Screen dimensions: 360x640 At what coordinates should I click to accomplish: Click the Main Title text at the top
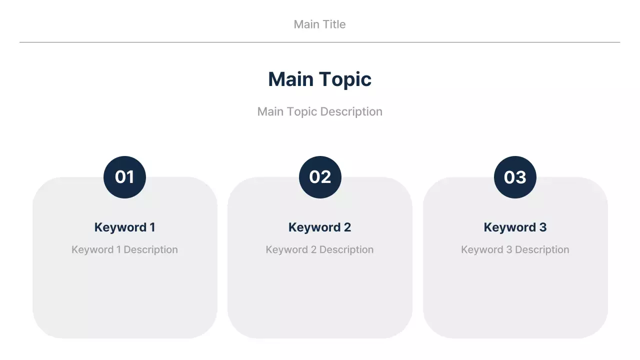pos(319,24)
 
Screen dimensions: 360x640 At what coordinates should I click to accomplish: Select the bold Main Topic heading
pos(319,79)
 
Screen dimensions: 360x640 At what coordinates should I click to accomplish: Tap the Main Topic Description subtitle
pos(319,111)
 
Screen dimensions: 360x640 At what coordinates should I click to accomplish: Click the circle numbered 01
pos(124,177)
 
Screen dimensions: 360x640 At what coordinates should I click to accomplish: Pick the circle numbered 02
pos(320,177)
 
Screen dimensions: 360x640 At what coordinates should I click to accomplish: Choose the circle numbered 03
pos(515,177)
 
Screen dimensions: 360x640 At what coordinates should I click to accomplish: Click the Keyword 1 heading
pos(124,227)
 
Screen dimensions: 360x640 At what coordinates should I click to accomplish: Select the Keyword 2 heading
pos(319,227)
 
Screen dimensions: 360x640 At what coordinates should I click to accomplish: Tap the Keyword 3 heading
pos(515,227)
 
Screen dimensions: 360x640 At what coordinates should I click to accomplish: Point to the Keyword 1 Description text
pos(124,249)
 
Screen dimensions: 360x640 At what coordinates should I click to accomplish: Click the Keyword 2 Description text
pos(319,249)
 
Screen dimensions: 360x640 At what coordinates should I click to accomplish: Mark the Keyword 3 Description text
pos(515,249)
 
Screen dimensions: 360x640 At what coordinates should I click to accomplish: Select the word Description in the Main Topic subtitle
pos(351,111)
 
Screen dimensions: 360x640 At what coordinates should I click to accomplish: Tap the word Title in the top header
pos(333,24)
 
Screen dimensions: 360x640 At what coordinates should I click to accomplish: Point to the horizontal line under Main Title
pos(319,42)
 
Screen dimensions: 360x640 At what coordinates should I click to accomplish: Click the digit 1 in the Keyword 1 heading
pos(152,227)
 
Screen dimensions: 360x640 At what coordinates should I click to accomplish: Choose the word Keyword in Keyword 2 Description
pos(286,249)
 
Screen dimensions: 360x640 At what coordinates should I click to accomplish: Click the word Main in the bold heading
pos(290,79)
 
